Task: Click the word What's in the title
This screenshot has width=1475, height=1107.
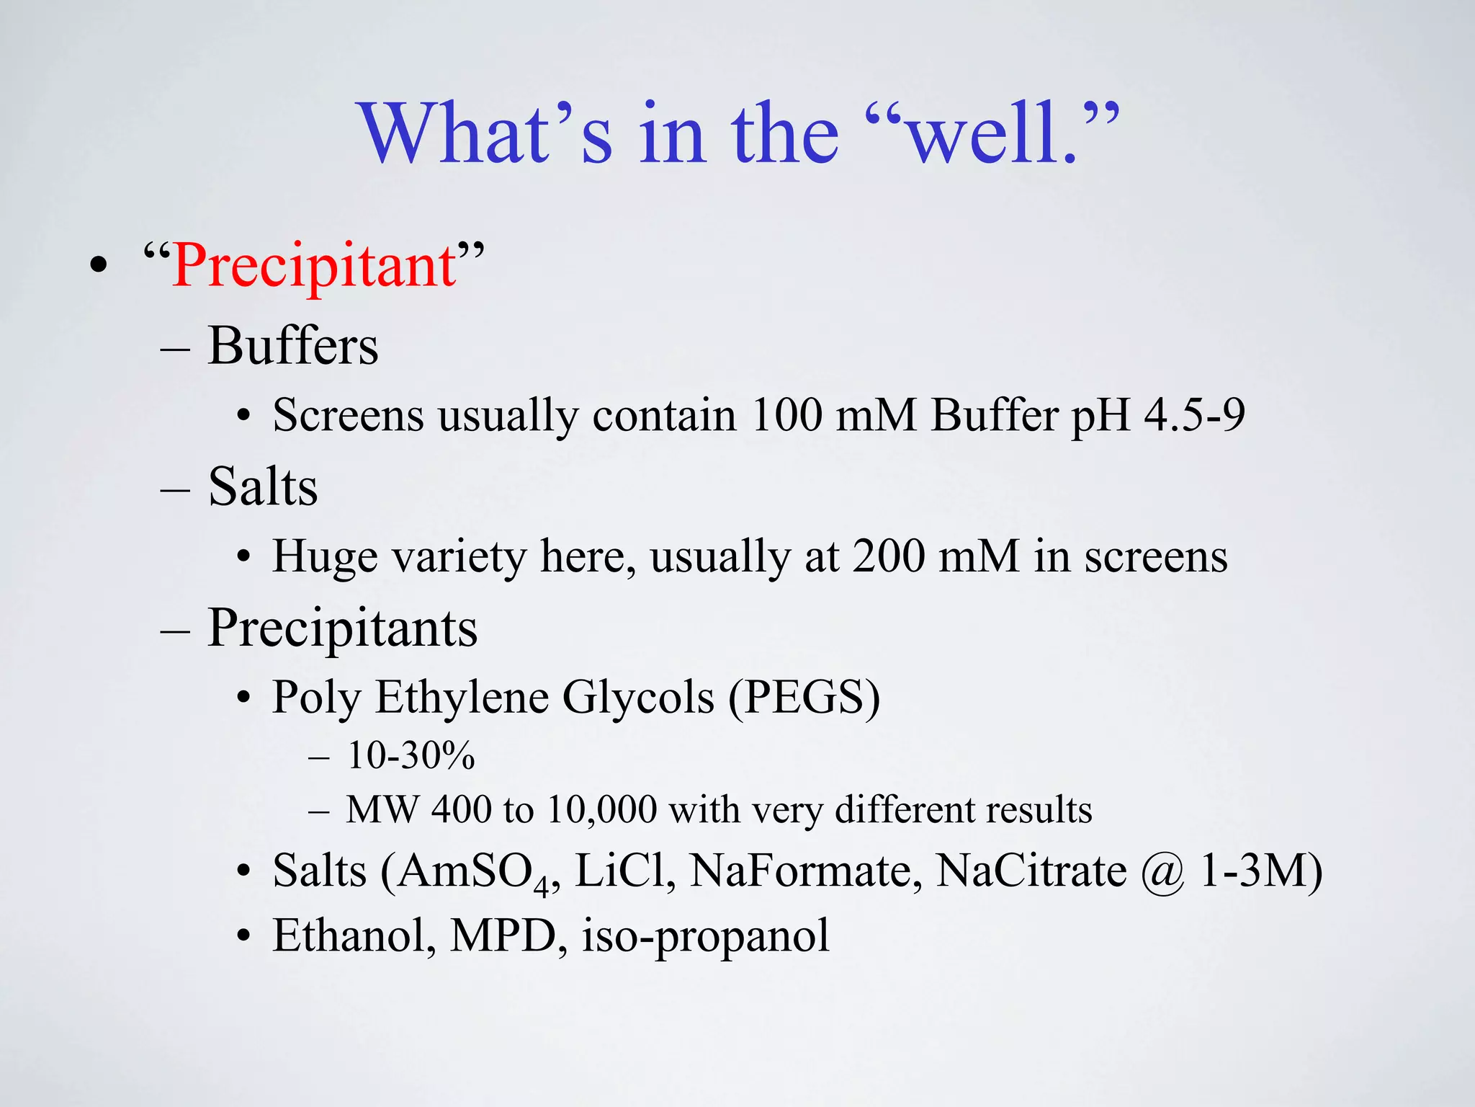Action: pos(487,134)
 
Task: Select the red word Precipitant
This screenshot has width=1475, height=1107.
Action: pos(314,265)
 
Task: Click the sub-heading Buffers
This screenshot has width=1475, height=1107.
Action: pos(292,346)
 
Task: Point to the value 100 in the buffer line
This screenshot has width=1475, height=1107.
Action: pos(786,415)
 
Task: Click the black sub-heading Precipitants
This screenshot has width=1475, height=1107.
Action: pos(342,628)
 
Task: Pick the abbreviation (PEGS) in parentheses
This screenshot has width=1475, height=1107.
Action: pos(804,697)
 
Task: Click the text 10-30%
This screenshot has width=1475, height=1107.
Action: pos(411,755)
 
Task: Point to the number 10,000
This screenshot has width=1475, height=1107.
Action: pos(601,809)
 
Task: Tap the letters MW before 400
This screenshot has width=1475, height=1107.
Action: pos(382,809)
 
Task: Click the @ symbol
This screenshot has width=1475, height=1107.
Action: pos(1162,872)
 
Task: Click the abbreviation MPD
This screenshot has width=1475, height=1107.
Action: pos(503,935)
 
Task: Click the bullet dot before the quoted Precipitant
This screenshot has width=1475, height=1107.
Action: pos(99,266)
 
